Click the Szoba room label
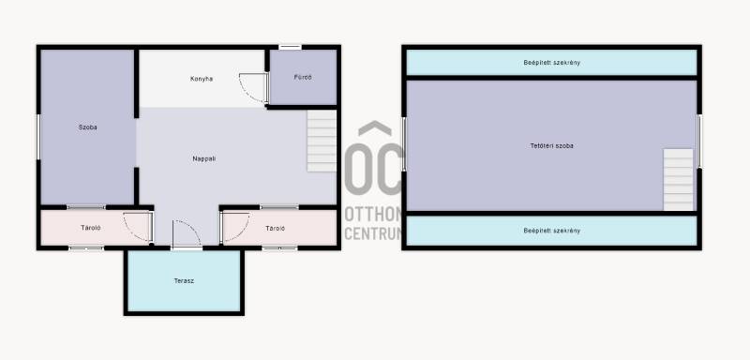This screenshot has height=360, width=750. [x=87, y=127]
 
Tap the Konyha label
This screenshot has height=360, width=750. [x=202, y=79]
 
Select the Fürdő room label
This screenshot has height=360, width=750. [x=303, y=77]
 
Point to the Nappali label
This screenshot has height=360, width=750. [x=203, y=158]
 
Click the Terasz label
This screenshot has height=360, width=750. [x=184, y=280]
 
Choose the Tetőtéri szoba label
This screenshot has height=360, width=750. [x=551, y=146]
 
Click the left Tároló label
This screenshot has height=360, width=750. [x=91, y=228]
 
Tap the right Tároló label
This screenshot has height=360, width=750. [x=275, y=229]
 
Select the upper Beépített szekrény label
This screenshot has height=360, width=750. [x=551, y=63]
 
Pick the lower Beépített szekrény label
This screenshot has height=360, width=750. [x=551, y=231]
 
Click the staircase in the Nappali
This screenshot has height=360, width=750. [x=322, y=141]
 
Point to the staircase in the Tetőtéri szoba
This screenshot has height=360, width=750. [x=678, y=180]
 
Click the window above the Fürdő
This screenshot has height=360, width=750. [x=291, y=47]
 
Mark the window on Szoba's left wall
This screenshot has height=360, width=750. [x=38, y=137]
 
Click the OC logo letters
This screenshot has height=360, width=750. [x=373, y=169]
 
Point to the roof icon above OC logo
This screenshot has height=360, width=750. [x=375, y=128]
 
